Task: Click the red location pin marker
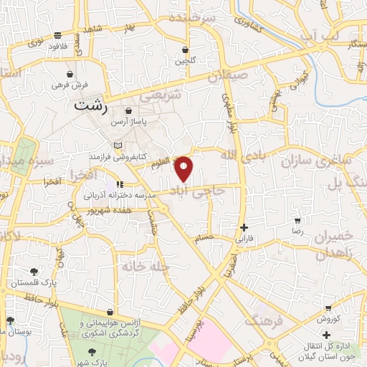(184, 168)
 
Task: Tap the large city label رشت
(92, 105)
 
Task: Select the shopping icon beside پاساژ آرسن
(128, 111)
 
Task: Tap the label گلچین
(186, 61)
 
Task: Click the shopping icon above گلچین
(186, 50)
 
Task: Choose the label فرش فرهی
(70, 85)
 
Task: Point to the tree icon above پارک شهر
(92, 351)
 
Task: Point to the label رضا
(297, 232)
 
